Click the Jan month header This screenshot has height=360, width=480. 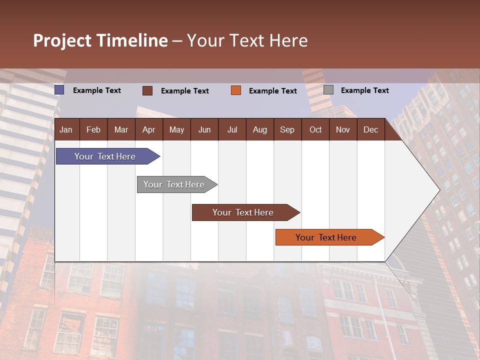(x=66, y=130)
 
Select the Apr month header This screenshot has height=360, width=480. (x=148, y=130)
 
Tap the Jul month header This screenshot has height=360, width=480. (x=232, y=130)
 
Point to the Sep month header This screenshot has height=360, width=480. (x=287, y=130)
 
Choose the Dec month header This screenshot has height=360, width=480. (x=370, y=130)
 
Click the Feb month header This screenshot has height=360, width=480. (x=93, y=130)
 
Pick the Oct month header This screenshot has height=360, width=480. (x=315, y=130)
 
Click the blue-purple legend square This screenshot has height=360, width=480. (x=59, y=90)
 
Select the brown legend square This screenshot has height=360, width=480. (x=147, y=90)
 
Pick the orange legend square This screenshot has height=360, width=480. (x=236, y=90)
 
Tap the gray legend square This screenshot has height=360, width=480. (x=328, y=90)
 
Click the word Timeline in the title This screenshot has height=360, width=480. (x=132, y=40)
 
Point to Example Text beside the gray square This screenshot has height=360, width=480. (x=364, y=90)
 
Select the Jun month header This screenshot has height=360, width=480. (x=204, y=130)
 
